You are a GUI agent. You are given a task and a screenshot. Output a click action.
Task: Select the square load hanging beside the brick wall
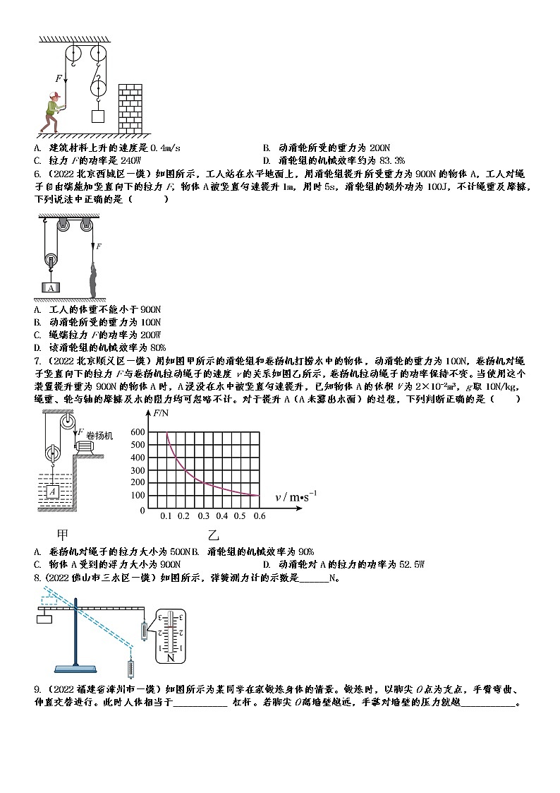pyautogui.click(x=98, y=117)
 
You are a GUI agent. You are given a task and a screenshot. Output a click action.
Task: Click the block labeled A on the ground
pyautogui.click(x=51, y=287)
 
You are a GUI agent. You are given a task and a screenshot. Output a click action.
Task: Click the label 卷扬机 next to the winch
pyautogui.click(x=99, y=436)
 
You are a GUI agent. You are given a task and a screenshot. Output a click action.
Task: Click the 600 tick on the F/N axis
pyautogui.click(x=138, y=432)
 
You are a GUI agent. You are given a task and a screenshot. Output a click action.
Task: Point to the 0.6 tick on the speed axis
pyautogui.click(x=259, y=516)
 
